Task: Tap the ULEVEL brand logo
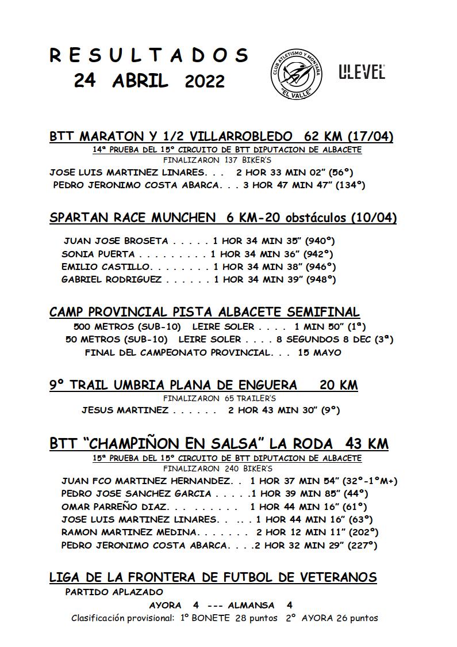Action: [362, 71]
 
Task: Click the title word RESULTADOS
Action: [149, 55]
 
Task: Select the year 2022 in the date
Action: [205, 82]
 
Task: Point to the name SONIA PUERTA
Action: [98, 254]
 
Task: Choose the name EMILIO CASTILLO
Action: [106, 267]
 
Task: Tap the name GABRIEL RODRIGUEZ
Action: [112, 279]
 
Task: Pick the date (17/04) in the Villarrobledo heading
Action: [370, 136]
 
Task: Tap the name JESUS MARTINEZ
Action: [125, 410]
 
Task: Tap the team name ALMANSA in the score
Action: [251, 605]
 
